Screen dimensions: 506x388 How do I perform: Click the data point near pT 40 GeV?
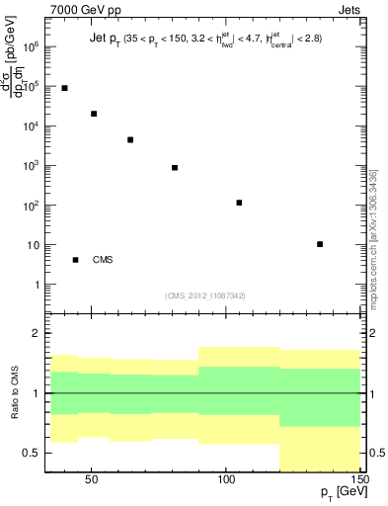tap(64, 88)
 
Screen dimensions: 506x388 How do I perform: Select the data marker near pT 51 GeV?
tap(94, 114)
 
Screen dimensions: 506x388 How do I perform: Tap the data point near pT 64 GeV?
tap(130, 140)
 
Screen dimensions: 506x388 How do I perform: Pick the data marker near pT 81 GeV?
tap(175, 168)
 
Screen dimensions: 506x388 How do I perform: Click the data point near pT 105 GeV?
tap(239, 203)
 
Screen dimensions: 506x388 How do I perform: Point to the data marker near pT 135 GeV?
tap(320, 244)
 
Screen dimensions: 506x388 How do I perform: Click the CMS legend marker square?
tap(76, 260)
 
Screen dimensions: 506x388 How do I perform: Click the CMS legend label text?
tap(103, 260)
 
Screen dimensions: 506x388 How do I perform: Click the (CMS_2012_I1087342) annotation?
tap(205, 295)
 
